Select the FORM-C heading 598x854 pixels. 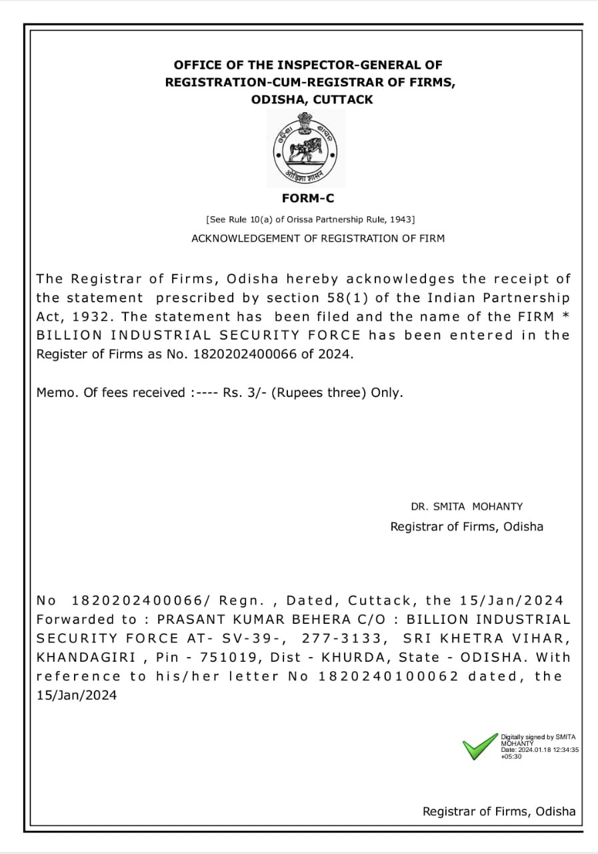pyautogui.click(x=308, y=199)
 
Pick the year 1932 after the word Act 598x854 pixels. pyautogui.click(x=93, y=316)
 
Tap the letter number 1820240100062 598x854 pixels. pyautogui.click(x=389, y=676)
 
